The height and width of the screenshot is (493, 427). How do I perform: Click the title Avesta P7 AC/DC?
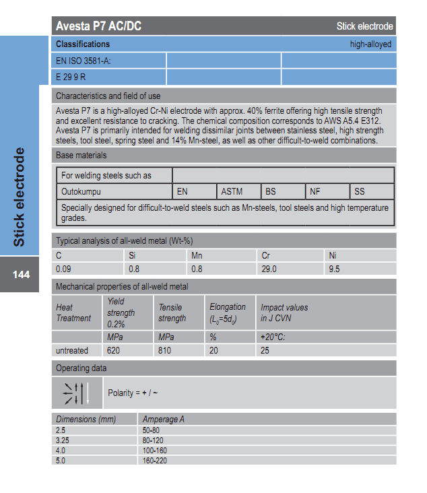click(98, 26)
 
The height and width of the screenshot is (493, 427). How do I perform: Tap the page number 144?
click(21, 275)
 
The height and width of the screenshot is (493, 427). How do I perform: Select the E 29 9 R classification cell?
click(71, 77)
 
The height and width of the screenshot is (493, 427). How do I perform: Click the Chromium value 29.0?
click(269, 269)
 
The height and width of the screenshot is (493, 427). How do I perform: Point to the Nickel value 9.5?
click(335, 269)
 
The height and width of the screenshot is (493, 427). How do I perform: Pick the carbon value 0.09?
click(63, 269)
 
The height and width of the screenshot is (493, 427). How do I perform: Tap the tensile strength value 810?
click(165, 350)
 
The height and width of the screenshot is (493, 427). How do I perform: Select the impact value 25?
click(265, 350)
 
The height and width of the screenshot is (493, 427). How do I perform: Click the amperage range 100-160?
click(155, 449)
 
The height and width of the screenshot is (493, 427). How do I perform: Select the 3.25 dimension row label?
click(63, 439)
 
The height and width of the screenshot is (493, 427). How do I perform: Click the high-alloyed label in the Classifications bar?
click(370, 44)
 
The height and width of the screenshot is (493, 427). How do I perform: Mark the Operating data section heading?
click(81, 368)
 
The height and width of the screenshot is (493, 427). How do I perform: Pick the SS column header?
click(360, 192)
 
